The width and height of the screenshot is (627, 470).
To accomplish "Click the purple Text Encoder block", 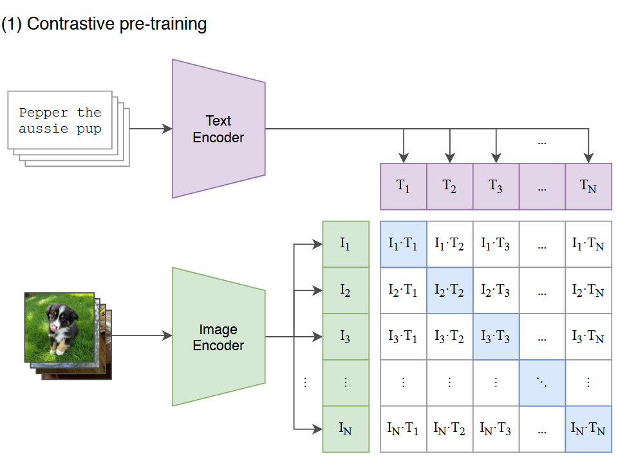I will point(218,129).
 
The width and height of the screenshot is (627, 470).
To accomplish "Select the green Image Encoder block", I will point(218,337).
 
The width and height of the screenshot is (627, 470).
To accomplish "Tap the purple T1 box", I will point(403,187).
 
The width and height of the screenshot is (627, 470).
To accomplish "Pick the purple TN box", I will point(588,187).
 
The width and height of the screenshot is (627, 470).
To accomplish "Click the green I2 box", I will point(346,290).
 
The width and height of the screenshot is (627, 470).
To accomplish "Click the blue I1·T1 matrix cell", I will point(403,244).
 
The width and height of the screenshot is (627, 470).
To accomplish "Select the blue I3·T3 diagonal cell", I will point(496,337).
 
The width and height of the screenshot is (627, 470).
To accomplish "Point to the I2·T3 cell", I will point(496,290).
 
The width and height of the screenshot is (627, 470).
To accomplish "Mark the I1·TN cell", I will point(588,244).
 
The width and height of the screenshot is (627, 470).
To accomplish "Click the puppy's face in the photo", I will point(62,319).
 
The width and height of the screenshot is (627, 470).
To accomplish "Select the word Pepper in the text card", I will point(43,113).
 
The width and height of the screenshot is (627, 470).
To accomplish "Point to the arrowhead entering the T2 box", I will point(449,158).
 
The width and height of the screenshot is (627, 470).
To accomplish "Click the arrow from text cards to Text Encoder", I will point(151,129).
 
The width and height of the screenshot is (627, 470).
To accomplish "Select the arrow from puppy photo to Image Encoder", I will point(142,335).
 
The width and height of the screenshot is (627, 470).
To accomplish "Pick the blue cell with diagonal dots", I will point(542,383).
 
